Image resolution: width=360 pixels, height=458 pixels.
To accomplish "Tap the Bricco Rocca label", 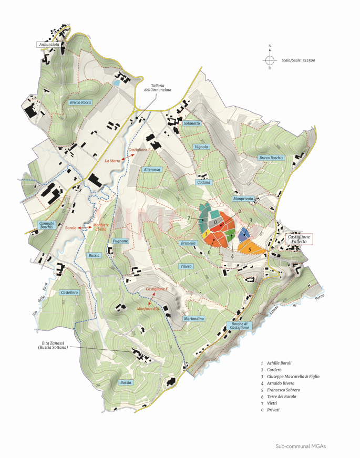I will (80, 102).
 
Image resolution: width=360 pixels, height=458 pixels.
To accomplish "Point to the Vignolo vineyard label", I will (201, 147).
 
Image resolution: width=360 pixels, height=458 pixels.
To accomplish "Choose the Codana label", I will (204, 182).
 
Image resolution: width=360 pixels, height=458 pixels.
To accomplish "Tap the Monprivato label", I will (243, 199).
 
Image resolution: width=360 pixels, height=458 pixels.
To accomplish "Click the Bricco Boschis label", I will (271, 158).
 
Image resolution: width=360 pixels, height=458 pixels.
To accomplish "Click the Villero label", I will (186, 267).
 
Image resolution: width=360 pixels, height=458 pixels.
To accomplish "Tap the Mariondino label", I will (194, 319).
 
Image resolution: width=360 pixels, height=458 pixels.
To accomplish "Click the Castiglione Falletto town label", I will (299, 240).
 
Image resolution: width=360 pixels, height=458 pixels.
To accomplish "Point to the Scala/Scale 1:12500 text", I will (302, 61).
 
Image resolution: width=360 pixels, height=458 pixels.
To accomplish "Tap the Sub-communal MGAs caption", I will (301, 446).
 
